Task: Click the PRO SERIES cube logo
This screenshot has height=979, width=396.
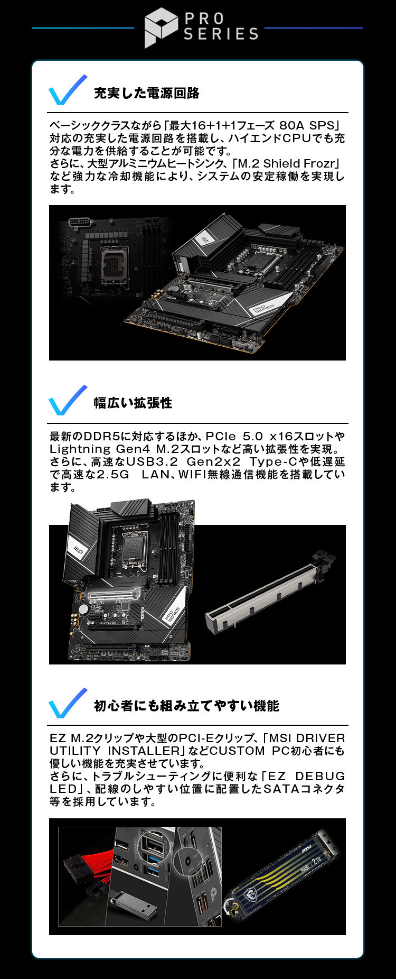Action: point(161,27)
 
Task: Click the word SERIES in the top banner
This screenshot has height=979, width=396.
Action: point(221,34)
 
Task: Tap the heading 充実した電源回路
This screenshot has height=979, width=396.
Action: point(147,94)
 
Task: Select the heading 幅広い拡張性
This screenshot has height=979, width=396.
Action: point(133,403)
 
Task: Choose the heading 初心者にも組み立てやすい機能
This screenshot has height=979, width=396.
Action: point(186,706)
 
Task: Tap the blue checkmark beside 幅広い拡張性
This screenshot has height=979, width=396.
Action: point(68,400)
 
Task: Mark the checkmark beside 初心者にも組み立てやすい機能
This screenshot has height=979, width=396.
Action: point(68,703)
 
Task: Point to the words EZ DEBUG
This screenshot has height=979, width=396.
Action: point(306,777)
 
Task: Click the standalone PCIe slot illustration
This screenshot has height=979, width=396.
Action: point(269,592)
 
